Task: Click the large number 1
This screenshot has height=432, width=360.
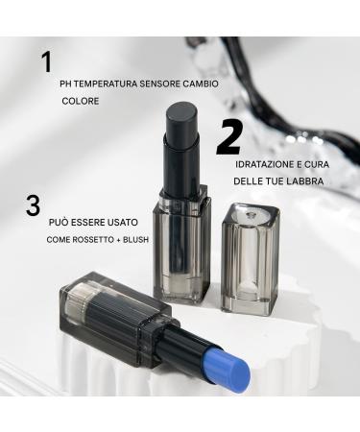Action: click(x=46, y=63)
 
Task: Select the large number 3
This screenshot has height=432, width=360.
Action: click(x=34, y=204)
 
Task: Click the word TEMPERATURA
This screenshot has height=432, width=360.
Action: click(x=105, y=83)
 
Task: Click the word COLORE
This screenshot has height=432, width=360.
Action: click(x=81, y=101)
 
